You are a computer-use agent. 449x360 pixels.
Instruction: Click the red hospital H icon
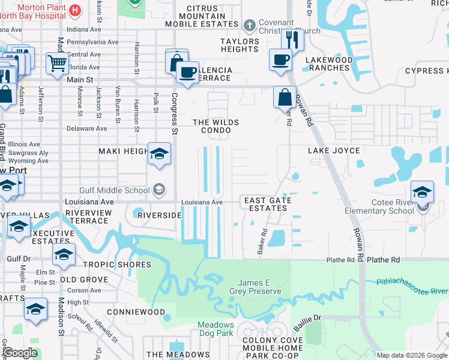[x=75, y=10]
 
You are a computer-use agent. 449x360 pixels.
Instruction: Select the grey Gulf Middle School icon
[x=159, y=190]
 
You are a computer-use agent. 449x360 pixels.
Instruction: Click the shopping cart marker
[x=57, y=62]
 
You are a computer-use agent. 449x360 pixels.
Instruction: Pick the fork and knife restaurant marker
[x=292, y=40]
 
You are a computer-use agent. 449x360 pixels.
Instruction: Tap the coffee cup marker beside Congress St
[x=188, y=72]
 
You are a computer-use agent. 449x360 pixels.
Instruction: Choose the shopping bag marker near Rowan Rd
[x=285, y=97]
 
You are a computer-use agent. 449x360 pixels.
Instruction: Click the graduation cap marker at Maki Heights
[x=159, y=154]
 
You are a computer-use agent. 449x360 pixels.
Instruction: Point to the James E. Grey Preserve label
[x=259, y=287]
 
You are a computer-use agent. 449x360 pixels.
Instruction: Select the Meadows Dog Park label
[x=215, y=329]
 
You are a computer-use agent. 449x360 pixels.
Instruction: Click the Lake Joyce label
[x=334, y=151]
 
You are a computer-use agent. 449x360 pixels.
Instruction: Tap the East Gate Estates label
[x=268, y=204]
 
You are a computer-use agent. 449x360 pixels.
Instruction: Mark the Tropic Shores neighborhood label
[x=117, y=265]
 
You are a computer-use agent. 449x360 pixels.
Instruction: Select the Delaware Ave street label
[x=86, y=128]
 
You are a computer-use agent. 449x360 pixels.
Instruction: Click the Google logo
[x=19, y=353]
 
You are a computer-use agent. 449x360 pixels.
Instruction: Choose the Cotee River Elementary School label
[x=379, y=207]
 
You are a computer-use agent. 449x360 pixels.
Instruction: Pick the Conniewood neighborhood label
[x=136, y=313]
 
